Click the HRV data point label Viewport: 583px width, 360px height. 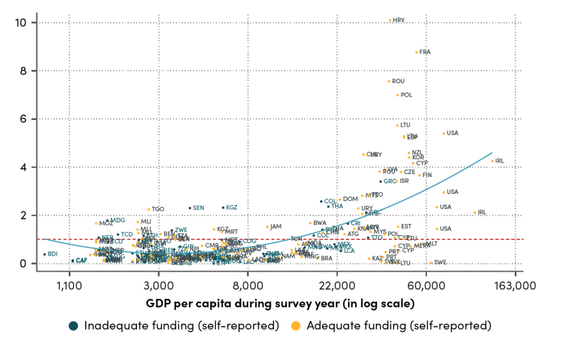click(399, 20)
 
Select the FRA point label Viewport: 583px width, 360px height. click(425, 52)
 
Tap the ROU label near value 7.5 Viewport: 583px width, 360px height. click(398, 82)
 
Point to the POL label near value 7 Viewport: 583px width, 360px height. click(406, 95)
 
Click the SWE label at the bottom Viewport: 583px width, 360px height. click(440, 263)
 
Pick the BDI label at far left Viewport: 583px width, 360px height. click(52, 255)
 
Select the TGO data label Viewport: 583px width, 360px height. click(158, 209)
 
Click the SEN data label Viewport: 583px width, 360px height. click(198, 208)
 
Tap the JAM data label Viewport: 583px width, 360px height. click(276, 227)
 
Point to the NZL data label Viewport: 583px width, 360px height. click(417, 153)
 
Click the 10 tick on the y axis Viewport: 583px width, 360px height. click(21, 23)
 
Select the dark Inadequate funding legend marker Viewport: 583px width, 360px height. click(73, 326)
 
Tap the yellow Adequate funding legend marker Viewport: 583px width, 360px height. click(296, 326)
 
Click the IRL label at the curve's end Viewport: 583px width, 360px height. click(499, 161)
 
